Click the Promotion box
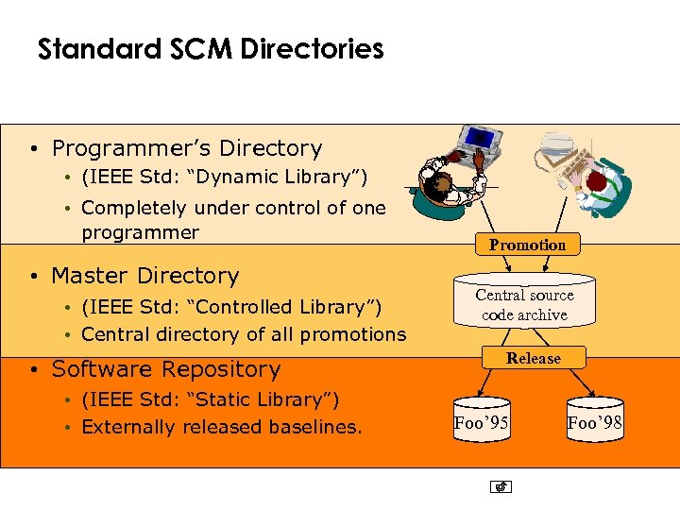click(x=527, y=245)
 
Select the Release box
click(x=533, y=358)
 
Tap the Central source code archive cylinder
click(x=524, y=305)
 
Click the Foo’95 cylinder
click(x=482, y=423)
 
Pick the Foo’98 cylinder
click(x=595, y=423)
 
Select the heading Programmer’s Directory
click(x=187, y=148)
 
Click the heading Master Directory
click(x=145, y=276)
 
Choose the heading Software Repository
click(x=166, y=369)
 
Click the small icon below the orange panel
click(x=501, y=487)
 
